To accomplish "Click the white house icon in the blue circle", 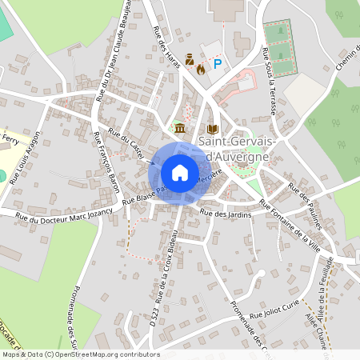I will (180, 172).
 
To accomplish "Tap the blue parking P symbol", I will (216, 64).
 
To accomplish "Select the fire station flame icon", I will (200, 70).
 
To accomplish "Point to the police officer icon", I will (190, 58).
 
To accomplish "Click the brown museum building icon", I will (180, 129).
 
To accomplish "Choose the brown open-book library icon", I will (212, 129).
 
